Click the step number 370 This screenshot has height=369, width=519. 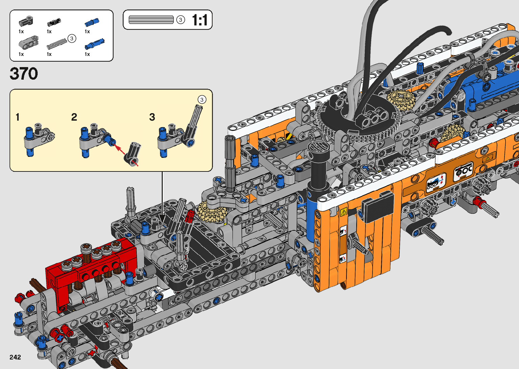(24, 74)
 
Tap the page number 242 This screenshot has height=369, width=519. (15, 357)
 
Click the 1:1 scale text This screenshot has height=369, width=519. (200, 20)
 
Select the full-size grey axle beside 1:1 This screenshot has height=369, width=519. (151, 20)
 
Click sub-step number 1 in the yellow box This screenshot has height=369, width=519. (17, 117)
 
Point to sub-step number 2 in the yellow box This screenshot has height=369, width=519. (74, 117)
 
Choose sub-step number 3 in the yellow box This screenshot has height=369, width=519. (152, 117)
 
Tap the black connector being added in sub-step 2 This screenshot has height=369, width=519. (133, 154)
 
